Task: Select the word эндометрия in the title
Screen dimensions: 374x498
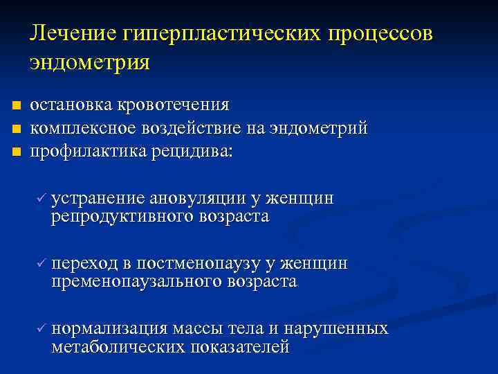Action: [x=89, y=62]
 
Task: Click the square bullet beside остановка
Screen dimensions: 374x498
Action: [x=15, y=106]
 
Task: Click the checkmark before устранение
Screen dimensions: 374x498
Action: [x=41, y=199]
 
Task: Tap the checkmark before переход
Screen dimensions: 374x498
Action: [x=41, y=264]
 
